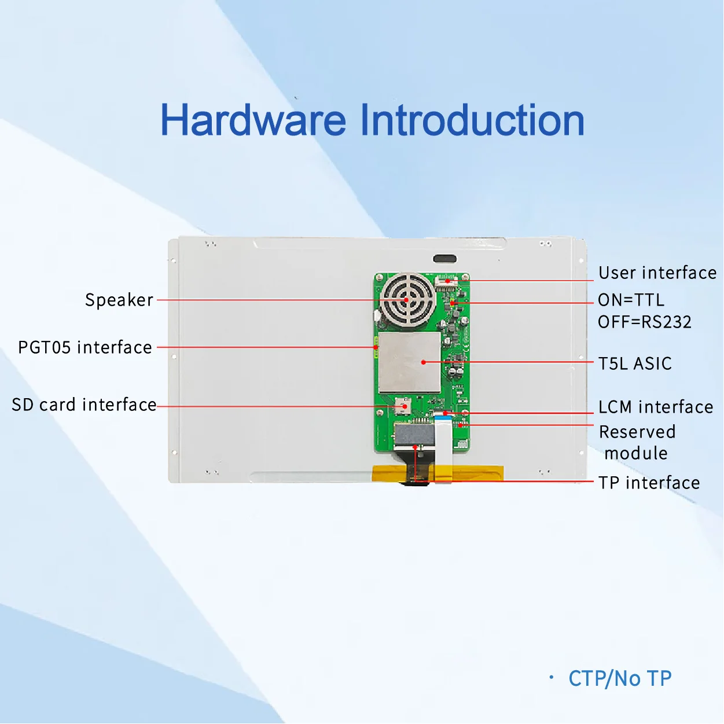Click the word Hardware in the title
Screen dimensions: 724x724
pos(253,120)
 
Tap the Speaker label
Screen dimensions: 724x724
pos(119,300)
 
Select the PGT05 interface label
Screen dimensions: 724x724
pos(85,347)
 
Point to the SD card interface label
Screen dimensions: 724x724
pos(84,405)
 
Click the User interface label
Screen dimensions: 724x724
pos(657,273)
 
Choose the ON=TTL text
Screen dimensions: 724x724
pos(631,300)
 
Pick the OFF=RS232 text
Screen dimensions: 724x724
pos(645,322)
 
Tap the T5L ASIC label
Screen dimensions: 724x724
pos(635,363)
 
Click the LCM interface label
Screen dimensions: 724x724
pos(656,407)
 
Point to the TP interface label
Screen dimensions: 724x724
pos(649,483)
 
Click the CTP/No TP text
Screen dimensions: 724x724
pos(620,678)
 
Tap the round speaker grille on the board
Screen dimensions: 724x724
pos(407,300)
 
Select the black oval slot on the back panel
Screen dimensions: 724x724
pos(444,259)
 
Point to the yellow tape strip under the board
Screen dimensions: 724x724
pos(394,473)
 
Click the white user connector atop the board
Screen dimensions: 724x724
pos(447,282)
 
